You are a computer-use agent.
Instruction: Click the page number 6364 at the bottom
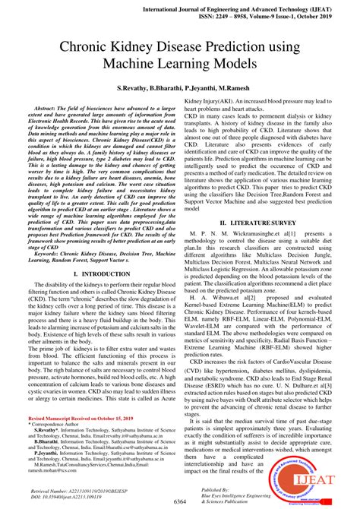(x=179, y=502)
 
